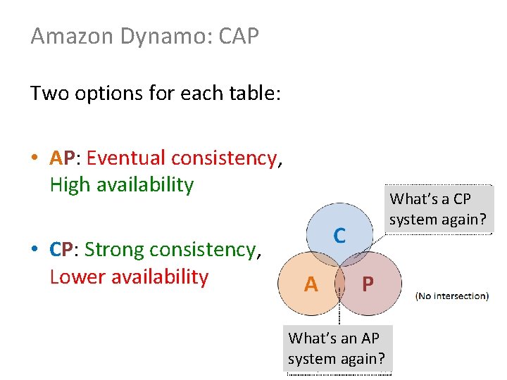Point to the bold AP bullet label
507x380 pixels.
coord(65,158)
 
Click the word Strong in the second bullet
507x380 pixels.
coord(117,250)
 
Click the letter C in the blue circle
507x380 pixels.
coord(339,236)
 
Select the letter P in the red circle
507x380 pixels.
coord(367,284)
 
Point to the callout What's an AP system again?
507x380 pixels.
coord(337,348)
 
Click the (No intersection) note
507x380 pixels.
coord(452,296)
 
